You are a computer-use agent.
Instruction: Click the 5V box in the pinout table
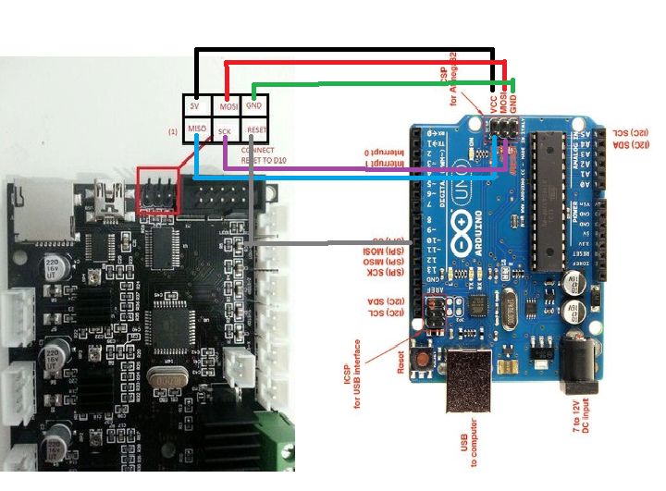click(194, 106)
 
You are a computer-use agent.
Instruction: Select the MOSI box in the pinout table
click(228, 106)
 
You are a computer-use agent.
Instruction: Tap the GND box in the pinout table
click(254, 106)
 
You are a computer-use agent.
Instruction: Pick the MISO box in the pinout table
click(195, 130)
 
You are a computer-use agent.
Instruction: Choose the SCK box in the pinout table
click(225, 131)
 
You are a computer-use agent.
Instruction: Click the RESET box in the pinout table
click(256, 130)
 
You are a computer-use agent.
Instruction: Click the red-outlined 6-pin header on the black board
click(157, 190)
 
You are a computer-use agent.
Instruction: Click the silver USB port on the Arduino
click(473, 384)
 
